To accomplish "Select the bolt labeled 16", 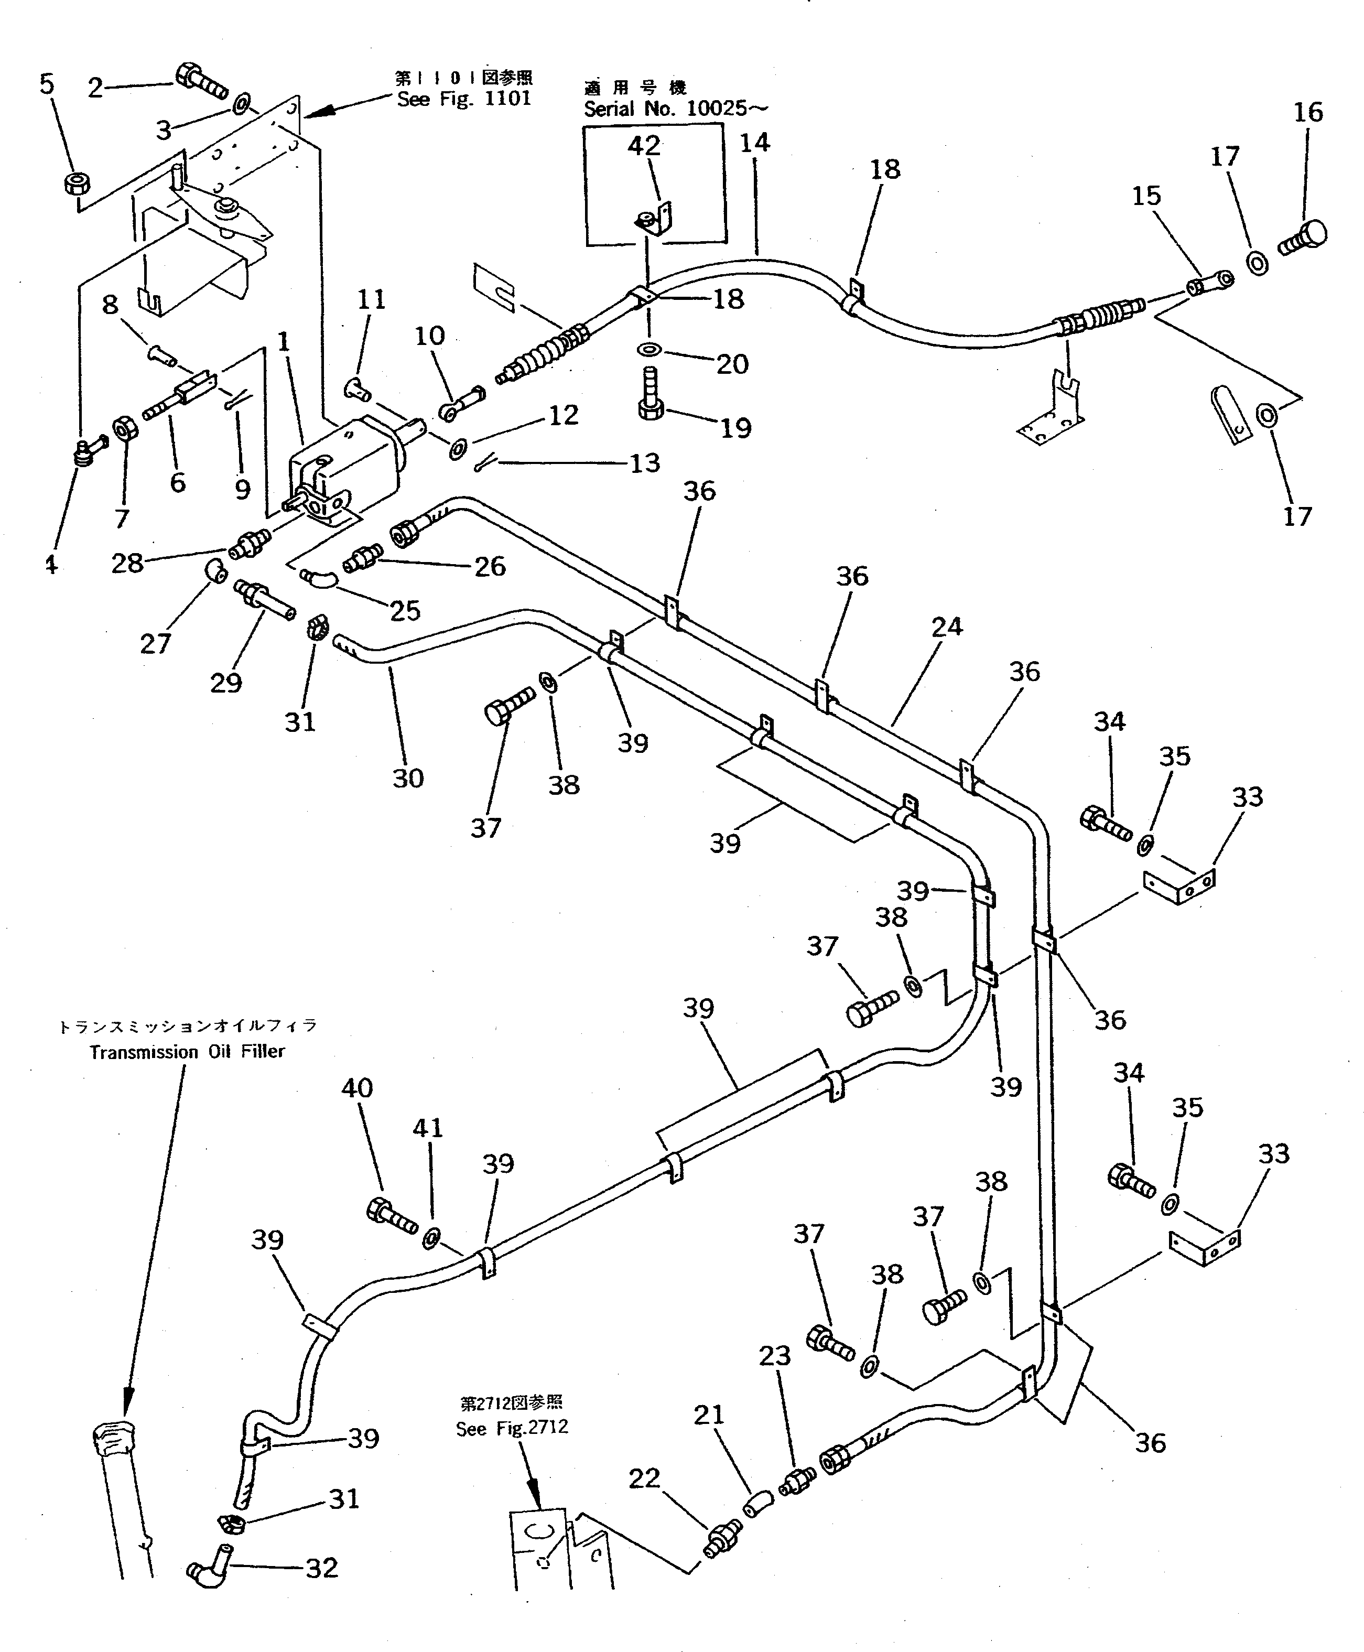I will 1304,237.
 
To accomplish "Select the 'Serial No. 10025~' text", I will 676,109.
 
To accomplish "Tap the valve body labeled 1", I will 345,468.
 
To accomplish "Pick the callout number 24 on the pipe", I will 947,627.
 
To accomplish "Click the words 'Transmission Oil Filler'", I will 187,1052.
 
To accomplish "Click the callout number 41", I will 428,1128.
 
